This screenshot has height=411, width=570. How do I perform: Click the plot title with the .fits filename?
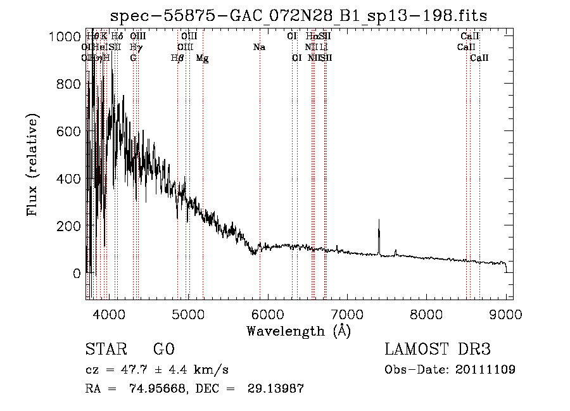pyautogui.click(x=298, y=16)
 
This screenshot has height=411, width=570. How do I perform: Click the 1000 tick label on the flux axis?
pyautogui.click(x=65, y=37)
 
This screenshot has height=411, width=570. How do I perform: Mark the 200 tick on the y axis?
pyautogui.click(x=69, y=226)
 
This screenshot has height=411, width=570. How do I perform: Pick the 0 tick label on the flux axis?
pyautogui.click(x=77, y=274)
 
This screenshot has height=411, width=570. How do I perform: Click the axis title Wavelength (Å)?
pyautogui.click(x=298, y=331)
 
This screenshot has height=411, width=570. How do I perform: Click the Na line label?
pyautogui.click(x=258, y=47)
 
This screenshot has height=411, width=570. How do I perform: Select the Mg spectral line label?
pyautogui.click(x=203, y=58)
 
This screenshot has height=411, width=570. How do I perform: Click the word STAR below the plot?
pyautogui.click(x=105, y=350)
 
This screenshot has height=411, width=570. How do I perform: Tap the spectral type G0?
pyautogui.click(x=163, y=350)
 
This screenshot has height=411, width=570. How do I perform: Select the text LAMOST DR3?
pyautogui.click(x=438, y=350)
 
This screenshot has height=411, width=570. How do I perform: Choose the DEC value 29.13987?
pyautogui.click(x=275, y=389)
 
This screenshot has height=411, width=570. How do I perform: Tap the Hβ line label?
pyautogui.click(x=178, y=58)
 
